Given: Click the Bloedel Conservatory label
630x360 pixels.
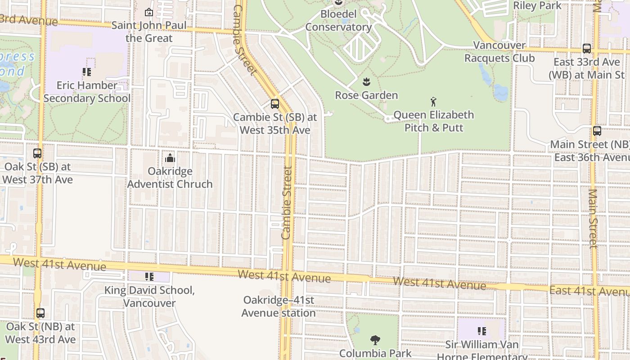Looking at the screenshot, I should click(338, 21).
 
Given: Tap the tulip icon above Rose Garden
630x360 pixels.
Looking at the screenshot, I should click(366, 82).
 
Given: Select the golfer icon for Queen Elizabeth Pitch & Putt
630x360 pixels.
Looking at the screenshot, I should click(433, 101).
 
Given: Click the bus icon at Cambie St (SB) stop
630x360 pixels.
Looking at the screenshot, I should click(274, 104).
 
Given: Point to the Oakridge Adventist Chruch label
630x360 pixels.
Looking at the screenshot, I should click(170, 178).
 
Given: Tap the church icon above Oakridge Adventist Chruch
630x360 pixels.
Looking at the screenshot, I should click(170, 158).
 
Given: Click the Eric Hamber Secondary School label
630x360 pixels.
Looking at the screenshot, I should click(87, 92).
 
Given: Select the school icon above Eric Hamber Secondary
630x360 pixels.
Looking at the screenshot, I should click(87, 72).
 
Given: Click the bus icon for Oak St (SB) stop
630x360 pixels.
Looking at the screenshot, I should click(37, 153).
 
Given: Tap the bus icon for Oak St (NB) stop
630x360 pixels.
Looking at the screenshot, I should click(40, 313).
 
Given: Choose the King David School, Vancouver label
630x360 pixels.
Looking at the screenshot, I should click(149, 297).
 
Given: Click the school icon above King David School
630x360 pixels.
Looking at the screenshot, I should click(149, 277).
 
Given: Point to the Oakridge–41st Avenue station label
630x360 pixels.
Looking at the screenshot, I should click(279, 306).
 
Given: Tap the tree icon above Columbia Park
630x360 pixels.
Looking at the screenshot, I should click(375, 340).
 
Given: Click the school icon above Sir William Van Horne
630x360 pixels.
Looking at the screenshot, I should click(482, 332).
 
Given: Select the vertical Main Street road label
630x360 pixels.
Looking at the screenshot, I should click(593, 218).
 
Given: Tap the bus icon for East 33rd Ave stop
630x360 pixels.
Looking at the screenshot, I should click(587, 49).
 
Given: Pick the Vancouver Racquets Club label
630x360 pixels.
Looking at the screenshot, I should click(499, 52).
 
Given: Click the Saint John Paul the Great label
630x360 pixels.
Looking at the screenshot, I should click(149, 31).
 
